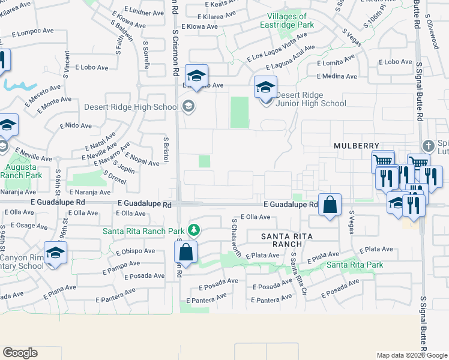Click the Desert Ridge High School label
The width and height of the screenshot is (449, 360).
click(x=131, y=107)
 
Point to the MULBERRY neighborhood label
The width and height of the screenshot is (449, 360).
click(x=357, y=146)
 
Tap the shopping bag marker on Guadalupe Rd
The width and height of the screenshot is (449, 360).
click(x=330, y=206)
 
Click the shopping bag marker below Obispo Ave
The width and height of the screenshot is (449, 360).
click(x=186, y=253)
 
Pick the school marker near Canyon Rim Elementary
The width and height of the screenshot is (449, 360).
click(x=55, y=253)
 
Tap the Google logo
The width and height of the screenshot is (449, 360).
click(x=20, y=353)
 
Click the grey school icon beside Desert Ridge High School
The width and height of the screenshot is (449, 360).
click(x=188, y=107)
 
